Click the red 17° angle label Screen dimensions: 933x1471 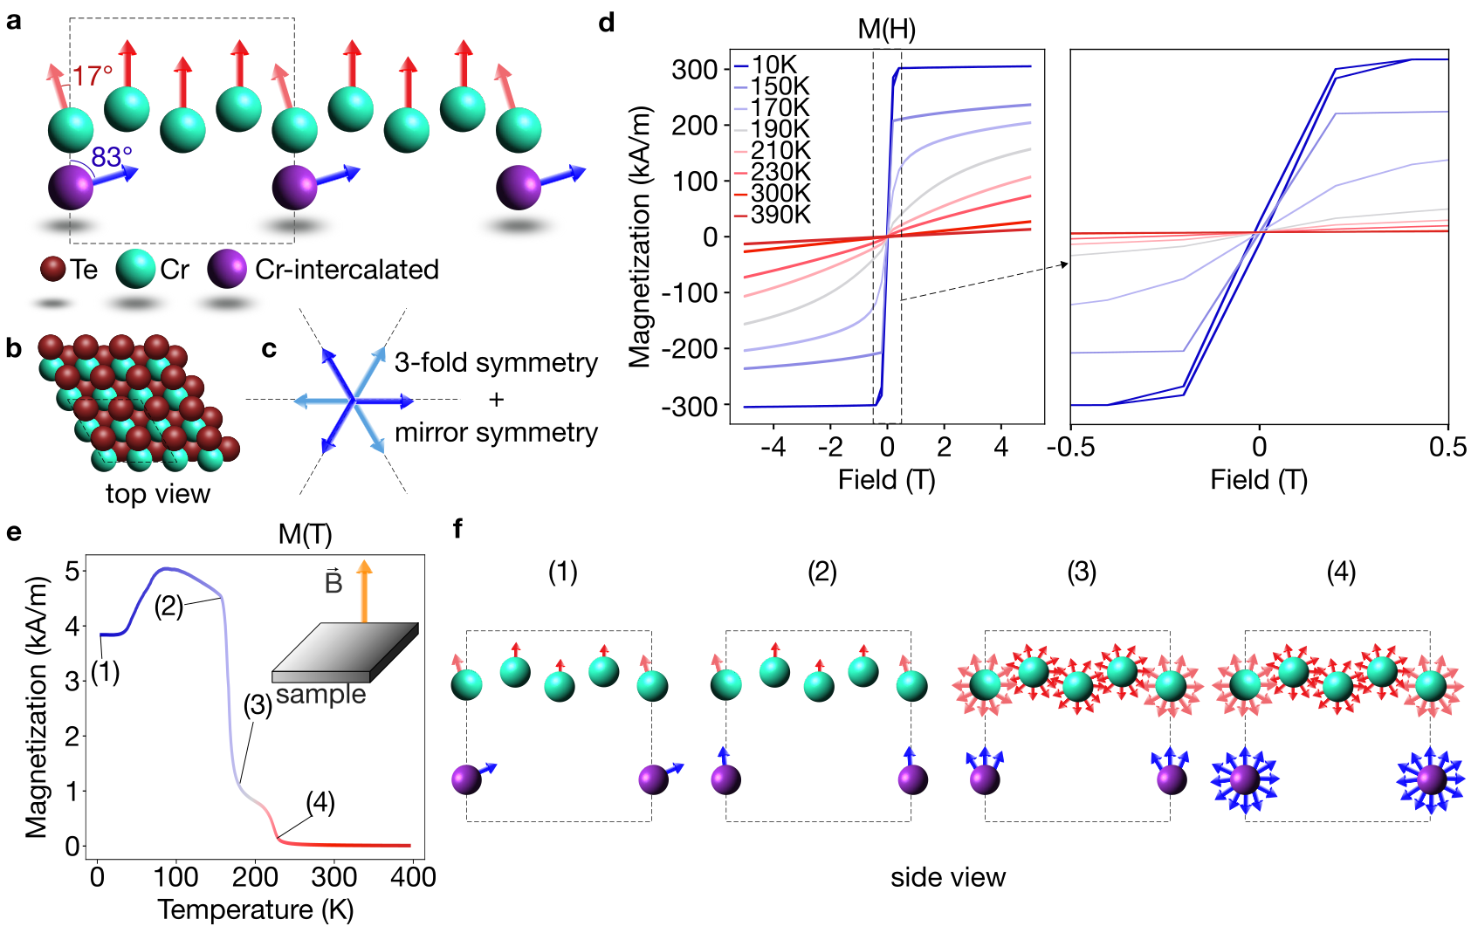92,76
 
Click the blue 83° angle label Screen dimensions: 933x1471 112,157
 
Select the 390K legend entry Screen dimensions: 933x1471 780,215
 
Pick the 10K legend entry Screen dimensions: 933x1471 773,65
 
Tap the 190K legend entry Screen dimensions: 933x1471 780,129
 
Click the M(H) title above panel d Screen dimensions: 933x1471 886,29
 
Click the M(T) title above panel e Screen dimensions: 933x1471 305,534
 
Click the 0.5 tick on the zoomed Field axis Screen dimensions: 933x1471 1447,448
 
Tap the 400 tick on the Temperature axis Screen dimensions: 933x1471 412,876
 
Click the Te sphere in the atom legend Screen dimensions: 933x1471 53,269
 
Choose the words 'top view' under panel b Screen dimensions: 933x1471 158,494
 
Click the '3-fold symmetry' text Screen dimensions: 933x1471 496,362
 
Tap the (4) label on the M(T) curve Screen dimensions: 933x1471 320,801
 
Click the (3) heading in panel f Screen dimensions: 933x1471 1082,572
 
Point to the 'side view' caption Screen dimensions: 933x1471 947,877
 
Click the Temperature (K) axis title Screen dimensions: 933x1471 255,909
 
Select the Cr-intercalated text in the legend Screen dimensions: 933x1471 347,270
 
